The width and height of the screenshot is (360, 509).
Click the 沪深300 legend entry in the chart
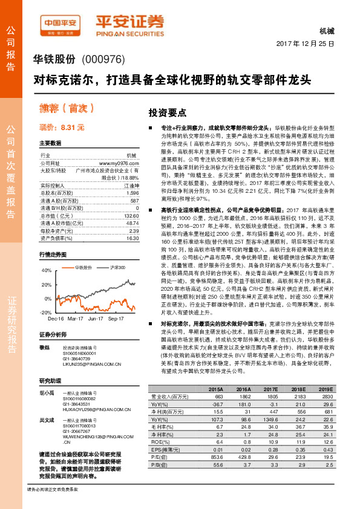click(x=116, y=267)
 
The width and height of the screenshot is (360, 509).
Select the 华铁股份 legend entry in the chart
click(x=82, y=267)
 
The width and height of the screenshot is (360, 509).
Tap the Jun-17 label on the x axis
click(x=95, y=318)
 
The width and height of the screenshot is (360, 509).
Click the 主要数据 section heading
click(x=51, y=143)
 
